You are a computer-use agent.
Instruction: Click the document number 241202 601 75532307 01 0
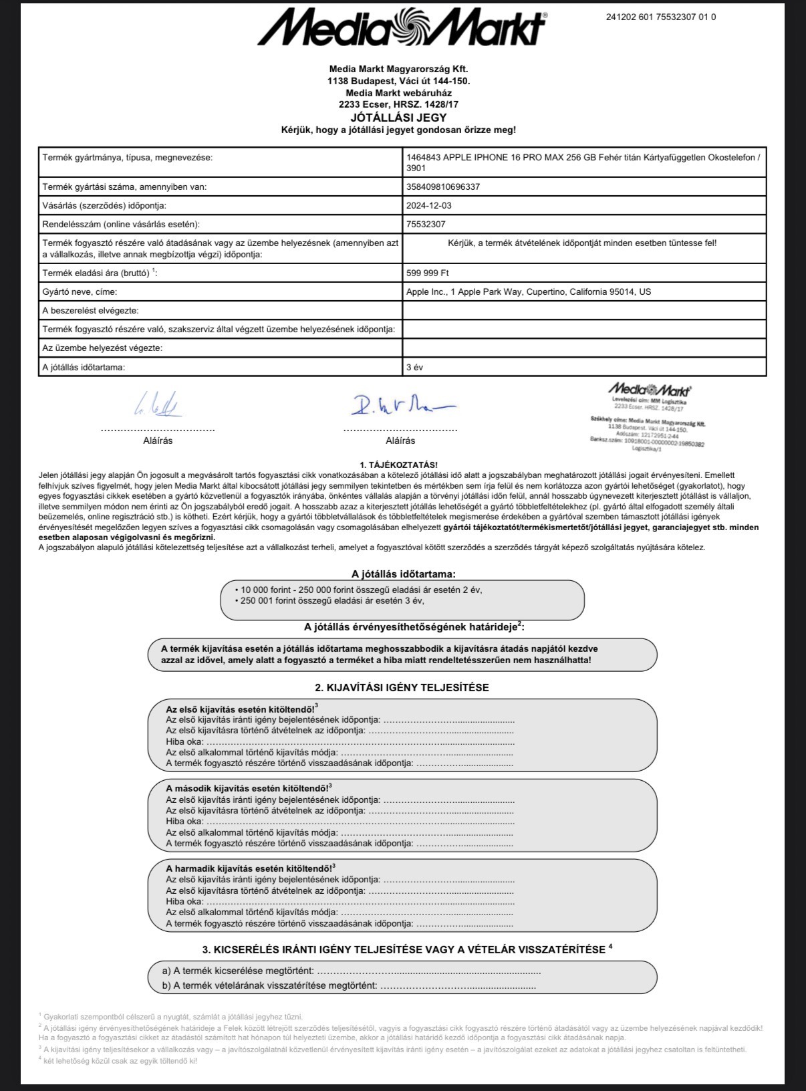(x=660, y=17)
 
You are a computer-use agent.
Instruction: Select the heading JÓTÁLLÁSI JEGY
(x=398, y=118)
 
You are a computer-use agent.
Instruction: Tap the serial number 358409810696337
(x=443, y=187)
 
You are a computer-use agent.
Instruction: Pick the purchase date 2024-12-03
(x=428, y=206)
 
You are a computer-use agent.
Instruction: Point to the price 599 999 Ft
(x=428, y=273)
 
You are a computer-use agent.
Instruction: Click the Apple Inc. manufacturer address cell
(x=528, y=292)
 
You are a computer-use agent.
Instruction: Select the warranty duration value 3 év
(x=414, y=367)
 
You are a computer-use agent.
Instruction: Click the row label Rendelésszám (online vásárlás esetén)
(x=121, y=225)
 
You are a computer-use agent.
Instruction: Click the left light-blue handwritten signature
(x=158, y=404)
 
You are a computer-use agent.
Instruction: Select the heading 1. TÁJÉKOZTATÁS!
(x=398, y=465)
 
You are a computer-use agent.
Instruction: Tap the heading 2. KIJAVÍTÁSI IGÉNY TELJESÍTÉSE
(x=402, y=687)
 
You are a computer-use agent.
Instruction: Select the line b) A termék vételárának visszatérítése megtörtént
(x=348, y=985)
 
